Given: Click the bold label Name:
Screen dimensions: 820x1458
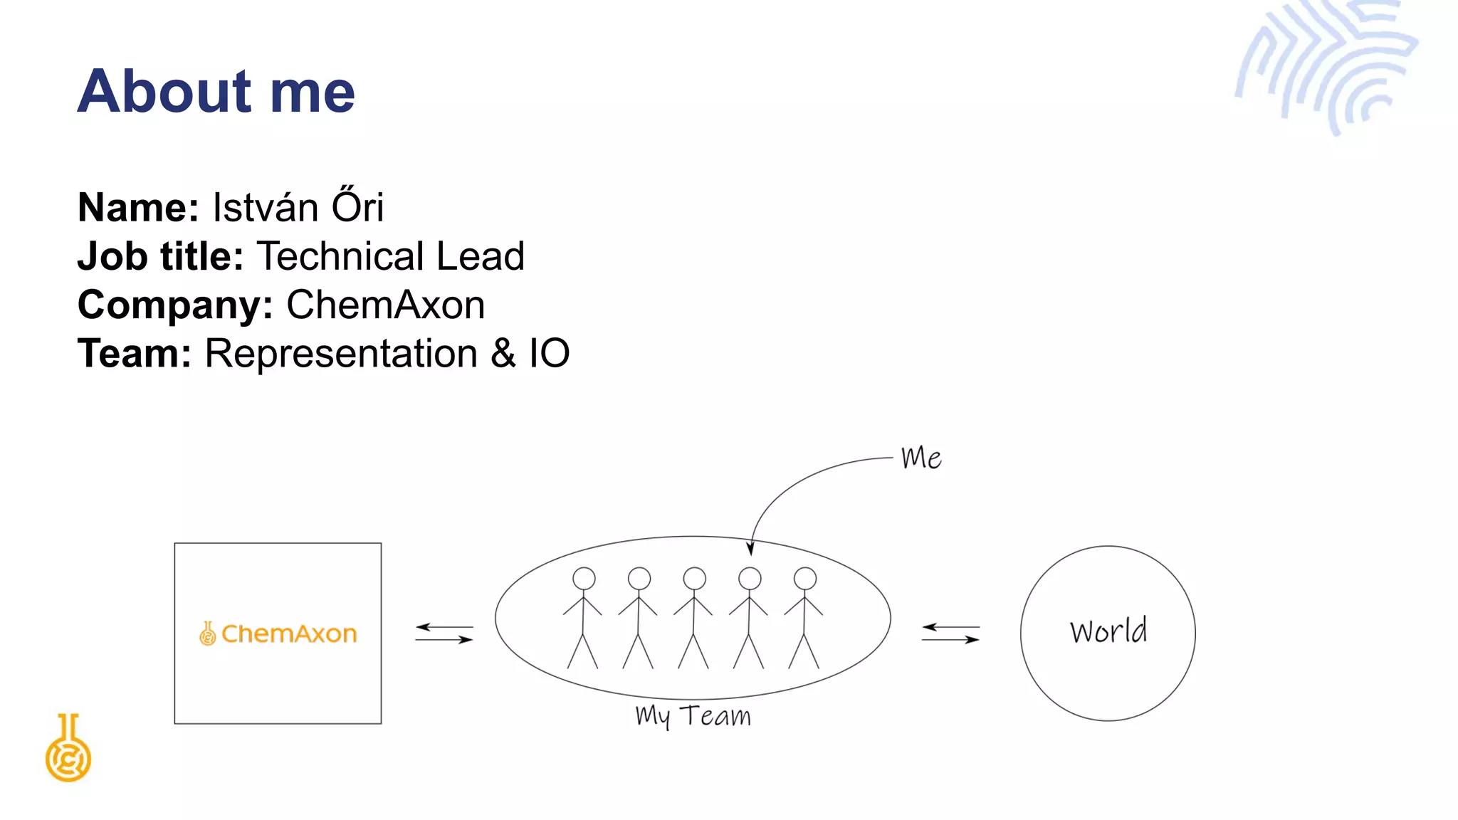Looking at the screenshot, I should (x=138, y=208).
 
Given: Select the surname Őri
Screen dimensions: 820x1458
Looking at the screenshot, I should (x=357, y=206).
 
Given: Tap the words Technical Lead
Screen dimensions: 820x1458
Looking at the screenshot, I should (x=390, y=256).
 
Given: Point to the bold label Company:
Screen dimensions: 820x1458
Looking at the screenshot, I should (x=175, y=305).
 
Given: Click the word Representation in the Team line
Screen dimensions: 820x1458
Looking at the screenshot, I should (x=341, y=354).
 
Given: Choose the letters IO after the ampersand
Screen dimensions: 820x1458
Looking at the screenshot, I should (x=549, y=354).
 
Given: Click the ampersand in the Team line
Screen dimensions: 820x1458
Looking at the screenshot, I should (x=503, y=354).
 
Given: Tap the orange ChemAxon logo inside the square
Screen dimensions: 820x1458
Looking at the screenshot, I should (x=278, y=633).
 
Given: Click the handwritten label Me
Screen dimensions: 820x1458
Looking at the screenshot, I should (x=921, y=458).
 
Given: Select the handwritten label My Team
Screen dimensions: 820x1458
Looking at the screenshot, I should (x=693, y=716).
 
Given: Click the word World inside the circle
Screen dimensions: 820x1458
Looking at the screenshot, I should (x=1108, y=631).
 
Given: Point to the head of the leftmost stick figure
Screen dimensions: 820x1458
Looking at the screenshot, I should (x=584, y=578).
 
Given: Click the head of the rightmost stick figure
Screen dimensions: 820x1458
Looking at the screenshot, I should (x=805, y=578).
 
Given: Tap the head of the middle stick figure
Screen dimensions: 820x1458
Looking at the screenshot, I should (x=694, y=578).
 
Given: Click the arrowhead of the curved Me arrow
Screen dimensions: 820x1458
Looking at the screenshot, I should (x=750, y=549).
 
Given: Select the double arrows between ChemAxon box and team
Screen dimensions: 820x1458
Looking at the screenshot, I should (x=444, y=633).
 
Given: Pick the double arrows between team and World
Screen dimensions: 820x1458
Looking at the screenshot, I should (x=950, y=633).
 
